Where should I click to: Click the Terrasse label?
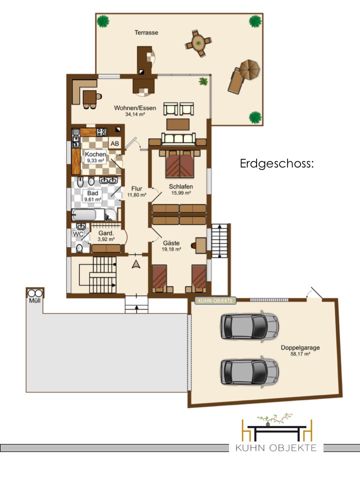pyautogui.click(x=146, y=32)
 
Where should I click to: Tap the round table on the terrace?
pyautogui.click(x=198, y=43)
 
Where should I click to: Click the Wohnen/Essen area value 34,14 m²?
pyautogui.click(x=135, y=114)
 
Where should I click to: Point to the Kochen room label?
pyautogui.click(x=95, y=154)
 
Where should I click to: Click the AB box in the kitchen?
pyautogui.click(x=115, y=143)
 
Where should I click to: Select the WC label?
pyautogui.click(x=78, y=234)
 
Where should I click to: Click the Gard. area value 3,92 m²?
pyautogui.click(x=106, y=239)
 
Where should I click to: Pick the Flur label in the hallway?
pyautogui.click(x=136, y=189)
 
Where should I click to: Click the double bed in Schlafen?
pyautogui.click(x=179, y=164)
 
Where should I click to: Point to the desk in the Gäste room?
pyautogui.click(x=201, y=245)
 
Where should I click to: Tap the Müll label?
pyautogui.click(x=35, y=300)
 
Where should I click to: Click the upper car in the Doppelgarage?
pyautogui.click(x=249, y=325)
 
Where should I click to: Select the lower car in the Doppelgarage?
pyautogui.click(x=249, y=371)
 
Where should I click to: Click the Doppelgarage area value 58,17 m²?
pyautogui.click(x=300, y=354)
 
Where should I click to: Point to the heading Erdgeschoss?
pyautogui.click(x=277, y=163)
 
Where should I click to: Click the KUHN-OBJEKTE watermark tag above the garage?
pyautogui.click(x=215, y=301)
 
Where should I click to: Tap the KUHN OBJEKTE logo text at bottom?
pyautogui.click(x=276, y=448)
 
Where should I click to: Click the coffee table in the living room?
pyautogui.click(x=178, y=124)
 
